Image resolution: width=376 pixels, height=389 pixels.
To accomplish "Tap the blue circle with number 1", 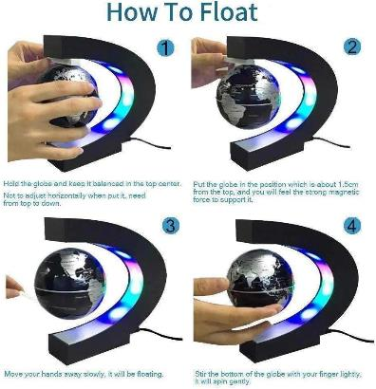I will [x=165, y=49].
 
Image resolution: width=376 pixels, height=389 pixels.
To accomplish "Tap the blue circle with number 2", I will [x=352, y=46].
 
